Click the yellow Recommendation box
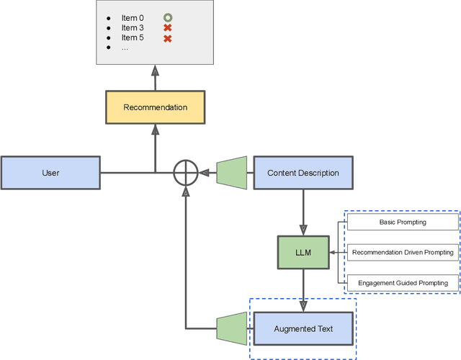(x=156, y=107)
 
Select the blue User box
(x=50, y=173)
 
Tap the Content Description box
(x=303, y=173)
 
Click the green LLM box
(x=303, y=253)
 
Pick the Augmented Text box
(x=303, y=328)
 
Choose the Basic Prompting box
(x=403, y=222)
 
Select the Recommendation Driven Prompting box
(x=403, y=253)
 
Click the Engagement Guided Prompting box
(x=403, y=283)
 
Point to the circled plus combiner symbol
(x=186, y=173)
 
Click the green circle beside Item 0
(x=168, y=17)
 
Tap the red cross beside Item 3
(x=168, y=28)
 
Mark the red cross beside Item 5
(x=168, y=38)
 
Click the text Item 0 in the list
(x=133, y=18)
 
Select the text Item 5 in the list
(x=133, y=37)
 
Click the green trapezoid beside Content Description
(x=232, y=173)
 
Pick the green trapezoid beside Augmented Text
(x=232, y=328)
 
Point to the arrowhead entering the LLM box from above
(x=303, y=230)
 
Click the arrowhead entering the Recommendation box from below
(x=156, y=130)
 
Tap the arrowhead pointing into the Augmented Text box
(x=303, y=306)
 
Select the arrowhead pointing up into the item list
(x=156, y=71)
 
